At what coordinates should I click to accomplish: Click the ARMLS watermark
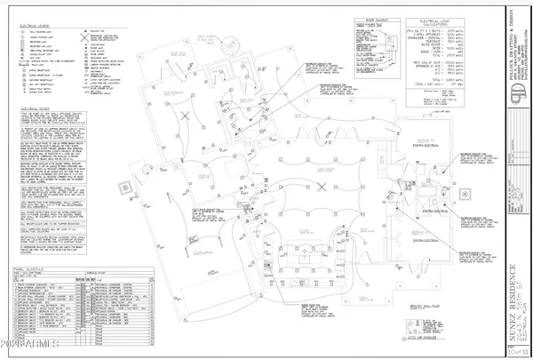[x=31, y=341]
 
